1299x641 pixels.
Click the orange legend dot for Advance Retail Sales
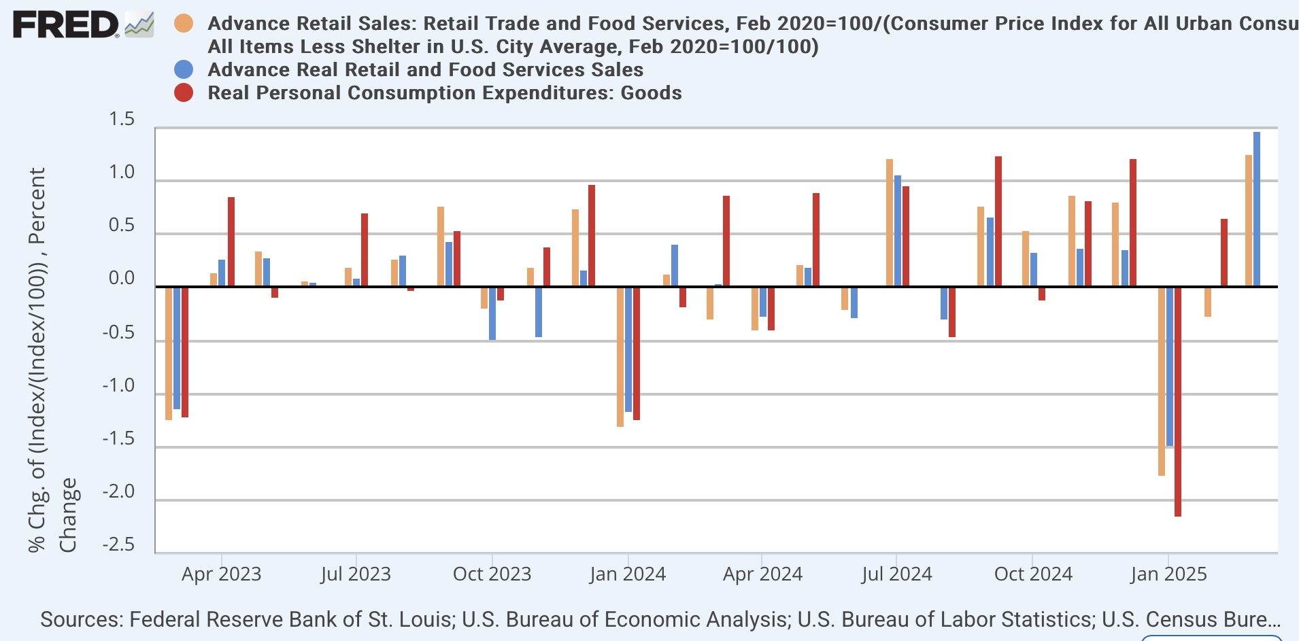(184, 23)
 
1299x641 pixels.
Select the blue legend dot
(184, 69)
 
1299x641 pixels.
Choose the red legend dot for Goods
(184, 92)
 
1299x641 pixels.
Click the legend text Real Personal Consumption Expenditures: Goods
(445, 92)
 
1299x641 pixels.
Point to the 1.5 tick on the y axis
(122, 120)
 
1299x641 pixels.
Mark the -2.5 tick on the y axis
(118, 545)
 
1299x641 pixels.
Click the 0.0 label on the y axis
(122, 279)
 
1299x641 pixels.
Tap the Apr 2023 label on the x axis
(221, 574)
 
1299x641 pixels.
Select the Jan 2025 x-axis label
(1168, 574)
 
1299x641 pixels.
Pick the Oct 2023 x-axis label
(492, 574)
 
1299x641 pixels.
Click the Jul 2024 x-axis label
(896, 574)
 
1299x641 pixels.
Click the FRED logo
(65, 26)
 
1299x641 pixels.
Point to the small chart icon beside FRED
(139, 26)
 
